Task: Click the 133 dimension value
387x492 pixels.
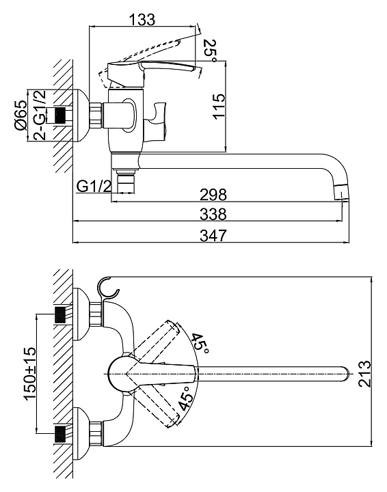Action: coord(142,19)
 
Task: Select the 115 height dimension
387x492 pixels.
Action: coord(219,107)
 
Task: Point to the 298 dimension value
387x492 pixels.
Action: coord(213,195)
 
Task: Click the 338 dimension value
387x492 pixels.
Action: coord(213,215)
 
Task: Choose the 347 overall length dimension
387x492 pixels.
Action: coord(213,235)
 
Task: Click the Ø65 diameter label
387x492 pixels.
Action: coord(20,115)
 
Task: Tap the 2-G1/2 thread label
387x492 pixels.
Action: coord(40,115)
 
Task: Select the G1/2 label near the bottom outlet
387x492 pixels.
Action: coord(94,187)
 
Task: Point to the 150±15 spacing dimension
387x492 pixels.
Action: coord(30,373)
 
